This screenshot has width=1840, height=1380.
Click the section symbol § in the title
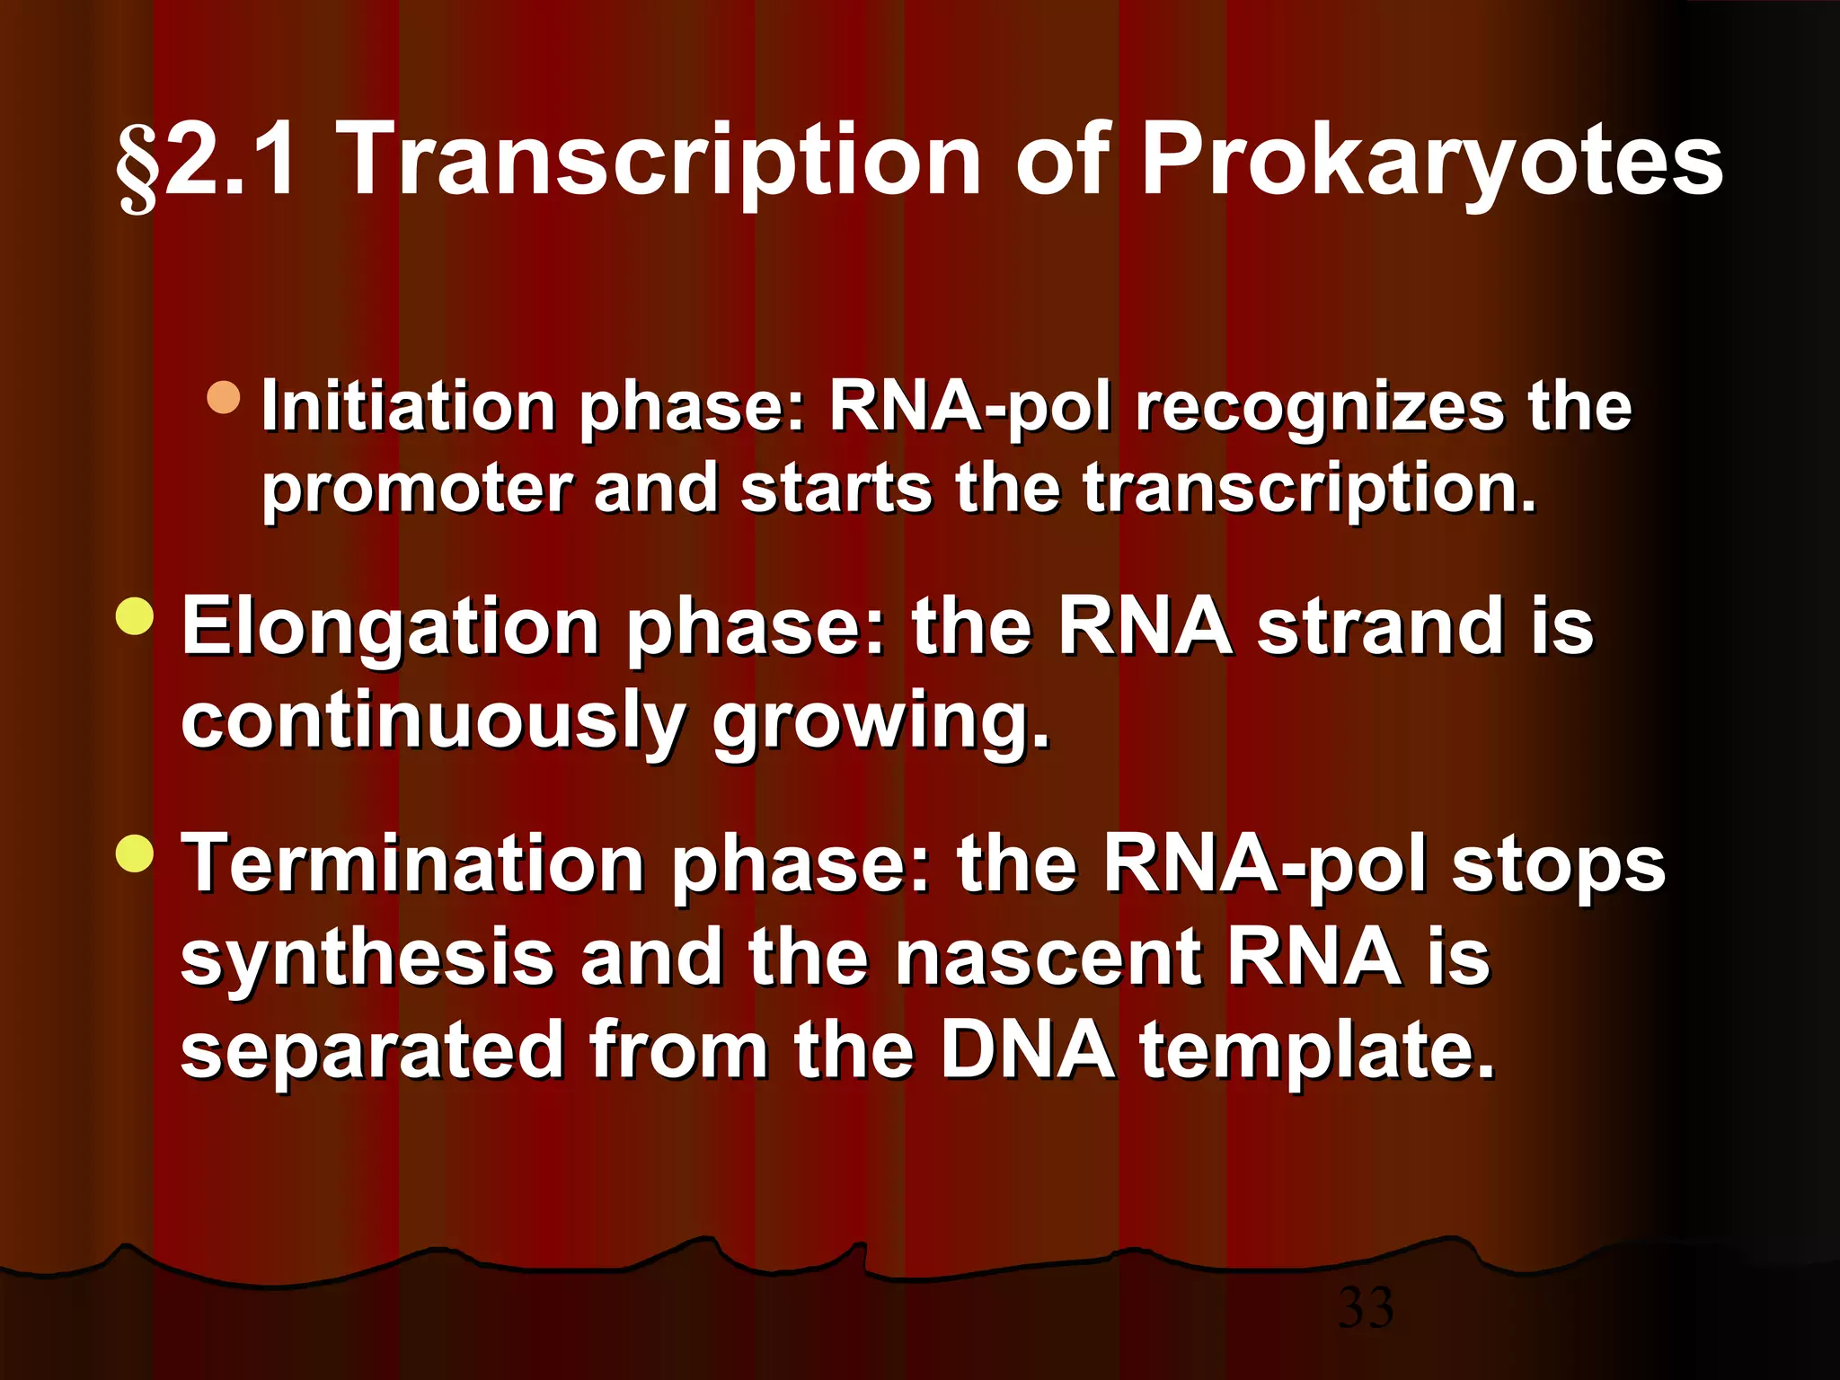pyautogui.click(x=137, y=167)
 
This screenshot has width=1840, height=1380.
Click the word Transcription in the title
pyautogui.click(x=662, y=162)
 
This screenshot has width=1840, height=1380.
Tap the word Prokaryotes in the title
pyautogui.click(x=1431, y=162)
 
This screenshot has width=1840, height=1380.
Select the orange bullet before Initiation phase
pyautogui.click(x=223, y=397)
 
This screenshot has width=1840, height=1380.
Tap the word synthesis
pyautogui.click(x=367, y=958)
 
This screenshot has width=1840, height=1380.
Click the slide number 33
pyautogui.click(x=1366, y=1308)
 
